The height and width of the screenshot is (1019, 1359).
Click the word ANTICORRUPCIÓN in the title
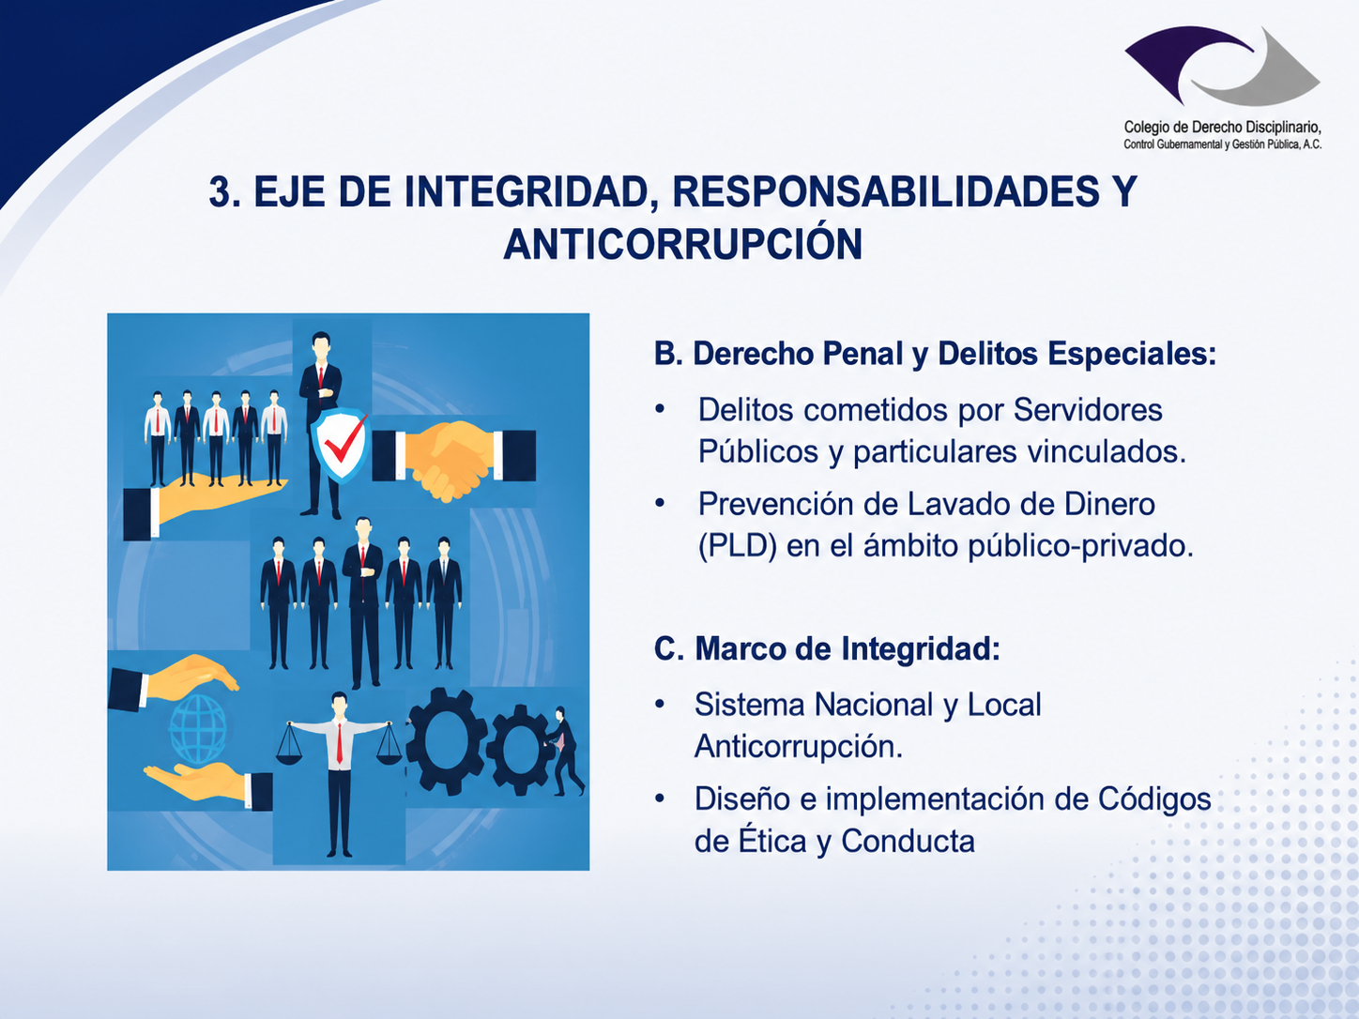click(682, 243)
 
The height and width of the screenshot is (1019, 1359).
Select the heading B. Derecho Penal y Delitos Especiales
click(936, 355)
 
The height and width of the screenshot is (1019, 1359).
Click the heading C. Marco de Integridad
click(827, 649)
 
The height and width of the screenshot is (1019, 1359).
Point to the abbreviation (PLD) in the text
click(738, 546)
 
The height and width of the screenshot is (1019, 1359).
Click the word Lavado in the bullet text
click(960, 504)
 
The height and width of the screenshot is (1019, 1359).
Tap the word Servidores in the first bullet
click(1088, 410)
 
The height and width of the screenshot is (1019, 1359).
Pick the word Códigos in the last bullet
click(1154, 798)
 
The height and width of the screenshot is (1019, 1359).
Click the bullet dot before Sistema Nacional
click(660, 704)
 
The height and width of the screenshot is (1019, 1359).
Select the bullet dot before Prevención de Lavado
click(660, 503)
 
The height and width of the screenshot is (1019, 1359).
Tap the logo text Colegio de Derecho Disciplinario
click(1223, 128)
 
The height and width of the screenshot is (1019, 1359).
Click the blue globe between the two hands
click(198, 729)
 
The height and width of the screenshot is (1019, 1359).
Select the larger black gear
click(445, 740)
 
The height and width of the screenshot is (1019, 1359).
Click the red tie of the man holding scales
click(340, 742)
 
